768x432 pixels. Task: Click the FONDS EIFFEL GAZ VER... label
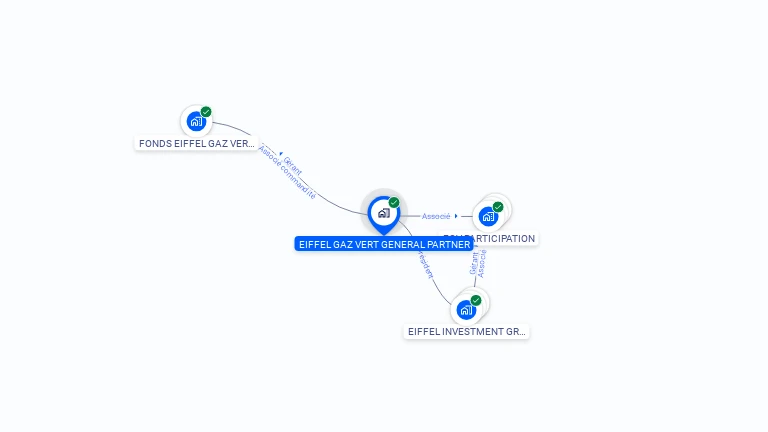pyautogui.click(x=196, y=143)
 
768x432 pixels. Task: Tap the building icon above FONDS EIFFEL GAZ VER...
pyautogui.click(x=196, y=122)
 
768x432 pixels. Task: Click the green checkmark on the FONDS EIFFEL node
pyautogui.click(x=206, y=112)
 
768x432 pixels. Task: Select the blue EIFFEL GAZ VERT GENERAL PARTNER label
pyautogui.click(x=384, y=244)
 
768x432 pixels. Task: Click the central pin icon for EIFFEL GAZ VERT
pyautogui.click(x=383, y=213)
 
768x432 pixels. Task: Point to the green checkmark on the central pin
pyautogui.click(x=394, y=203)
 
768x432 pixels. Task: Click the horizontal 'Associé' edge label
pyautogui.click(x=436, y=216)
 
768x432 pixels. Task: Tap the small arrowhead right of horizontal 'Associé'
pyautogui.click(x=456, y=216)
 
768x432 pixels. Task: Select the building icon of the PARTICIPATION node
pyautogui.click(x=488, y=216)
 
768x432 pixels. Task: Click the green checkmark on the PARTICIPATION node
pyautogui.click(x=498, y=207)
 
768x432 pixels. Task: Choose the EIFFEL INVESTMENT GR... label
pyautogui.click(x=466, y=331)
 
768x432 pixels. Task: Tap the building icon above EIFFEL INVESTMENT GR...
pyautogui.click(x=466, y=310)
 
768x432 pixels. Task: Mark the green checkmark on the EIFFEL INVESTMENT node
pyautogui.click(x=476, y=300)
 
